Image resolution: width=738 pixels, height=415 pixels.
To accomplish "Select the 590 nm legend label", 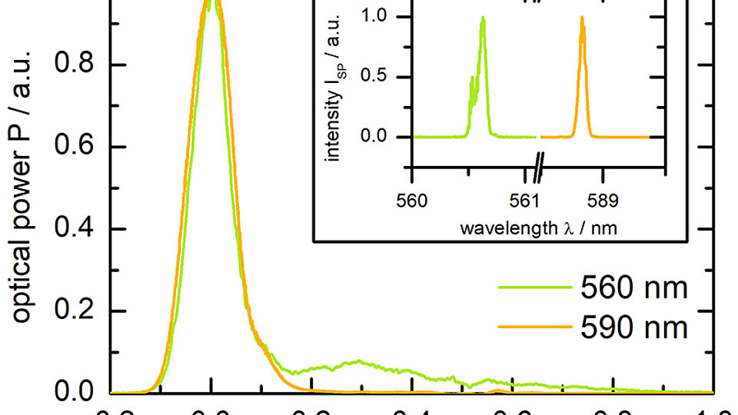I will [x=632, y=328].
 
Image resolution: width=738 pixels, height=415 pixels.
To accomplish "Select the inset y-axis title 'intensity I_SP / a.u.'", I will [x=334, y=97].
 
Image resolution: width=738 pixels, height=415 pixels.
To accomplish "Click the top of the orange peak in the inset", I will [x=582, y=18].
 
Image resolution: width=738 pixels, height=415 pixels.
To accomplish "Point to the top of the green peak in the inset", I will [x=483, y=18].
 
